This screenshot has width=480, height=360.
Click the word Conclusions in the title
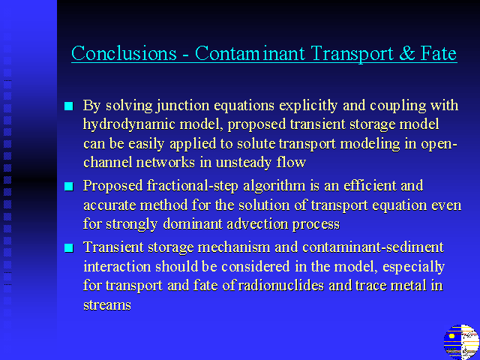124,53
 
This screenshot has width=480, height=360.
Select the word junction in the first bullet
183,106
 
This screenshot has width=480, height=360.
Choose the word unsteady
243,163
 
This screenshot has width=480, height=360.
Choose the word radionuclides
280,286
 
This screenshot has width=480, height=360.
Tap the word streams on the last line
107,305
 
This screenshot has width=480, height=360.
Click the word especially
413,267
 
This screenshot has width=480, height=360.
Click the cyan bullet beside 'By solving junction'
69,106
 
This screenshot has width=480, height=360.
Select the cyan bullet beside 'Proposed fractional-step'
69,187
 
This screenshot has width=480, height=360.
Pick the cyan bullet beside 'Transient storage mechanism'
69,248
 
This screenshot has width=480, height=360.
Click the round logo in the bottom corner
461,342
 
